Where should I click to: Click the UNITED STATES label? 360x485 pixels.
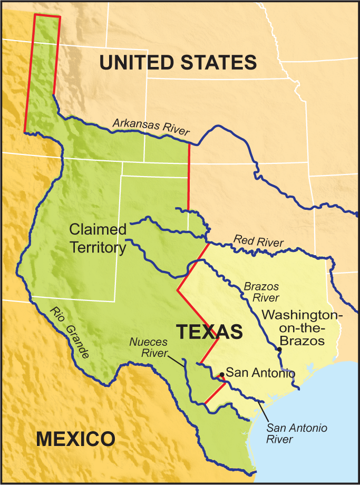coord(178,62)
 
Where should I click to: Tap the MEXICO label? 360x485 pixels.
coord(75,439)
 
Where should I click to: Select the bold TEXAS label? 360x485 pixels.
coord(209,332)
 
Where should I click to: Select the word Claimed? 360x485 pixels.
coord(98,230)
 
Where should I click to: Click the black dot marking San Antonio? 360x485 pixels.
coord(222,374)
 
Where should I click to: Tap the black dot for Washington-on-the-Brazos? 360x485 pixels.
coord(279,350)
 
